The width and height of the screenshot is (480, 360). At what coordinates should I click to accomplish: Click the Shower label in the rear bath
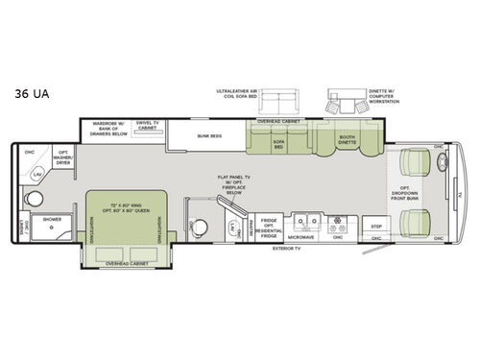pyautogui.click(x=52, y=218)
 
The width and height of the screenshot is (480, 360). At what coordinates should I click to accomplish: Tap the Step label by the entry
pyautogui.click(x=377, y=226)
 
